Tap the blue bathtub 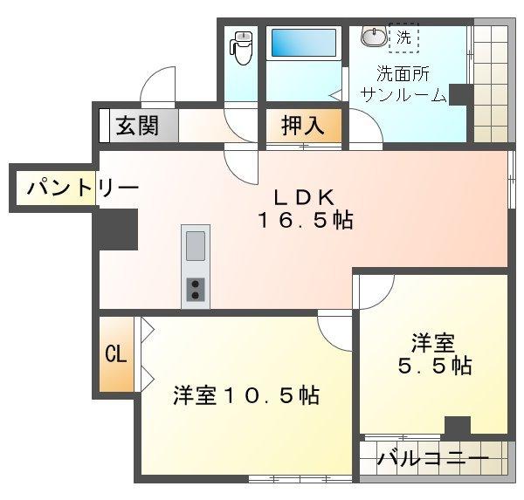[303, 43]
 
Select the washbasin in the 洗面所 [373, 37]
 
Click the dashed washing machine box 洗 [403, 38]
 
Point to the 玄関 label [137, 125]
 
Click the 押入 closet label [303, 125]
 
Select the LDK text [305, 195]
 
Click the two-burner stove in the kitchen [196, 287]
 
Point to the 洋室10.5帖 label [245, 394]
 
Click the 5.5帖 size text [435, 366]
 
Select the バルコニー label [431, 459]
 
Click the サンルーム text [403, 95]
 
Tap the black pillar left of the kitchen [117, 229]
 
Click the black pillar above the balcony [456, 427]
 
